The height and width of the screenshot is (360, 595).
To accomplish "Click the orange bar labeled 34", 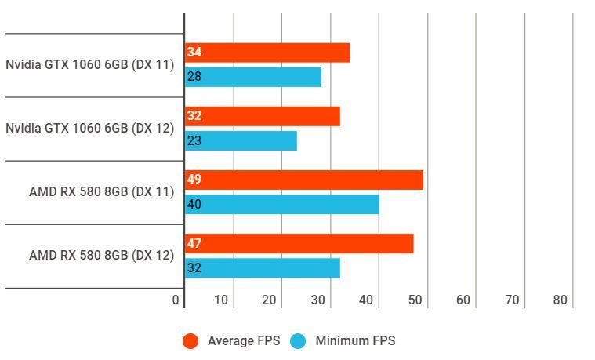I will [267, 53].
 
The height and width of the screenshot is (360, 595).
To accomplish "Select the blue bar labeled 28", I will [253, 77].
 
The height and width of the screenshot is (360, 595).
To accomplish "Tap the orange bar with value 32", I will [263, 116].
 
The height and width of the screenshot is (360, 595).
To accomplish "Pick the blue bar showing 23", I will [241, 140].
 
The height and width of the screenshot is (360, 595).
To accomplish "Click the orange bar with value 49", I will [304, 180].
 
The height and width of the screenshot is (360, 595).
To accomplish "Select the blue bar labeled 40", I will [282, 204].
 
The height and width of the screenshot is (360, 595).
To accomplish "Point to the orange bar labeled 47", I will [299, 243].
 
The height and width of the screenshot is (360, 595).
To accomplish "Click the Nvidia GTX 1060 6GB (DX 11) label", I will [89, 65].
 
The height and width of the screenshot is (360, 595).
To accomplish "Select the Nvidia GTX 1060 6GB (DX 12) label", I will [89, 129].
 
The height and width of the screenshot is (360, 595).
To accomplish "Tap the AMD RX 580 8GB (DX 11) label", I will [101, 192].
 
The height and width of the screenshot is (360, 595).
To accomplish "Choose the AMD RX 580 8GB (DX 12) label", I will [101, 256].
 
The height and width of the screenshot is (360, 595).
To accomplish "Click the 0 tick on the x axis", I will [176, 300].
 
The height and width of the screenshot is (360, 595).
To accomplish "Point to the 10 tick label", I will [221, 300].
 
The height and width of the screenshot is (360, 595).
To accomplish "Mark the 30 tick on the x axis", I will [317, 300].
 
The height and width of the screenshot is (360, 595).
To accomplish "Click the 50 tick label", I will [415, 300].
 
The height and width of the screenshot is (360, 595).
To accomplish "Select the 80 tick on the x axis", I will [560, 300].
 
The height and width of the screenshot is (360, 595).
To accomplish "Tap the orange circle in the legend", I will [190, 341].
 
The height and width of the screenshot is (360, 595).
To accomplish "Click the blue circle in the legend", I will [297, 341].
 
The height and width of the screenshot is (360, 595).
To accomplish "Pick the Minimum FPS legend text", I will [355, 341].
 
